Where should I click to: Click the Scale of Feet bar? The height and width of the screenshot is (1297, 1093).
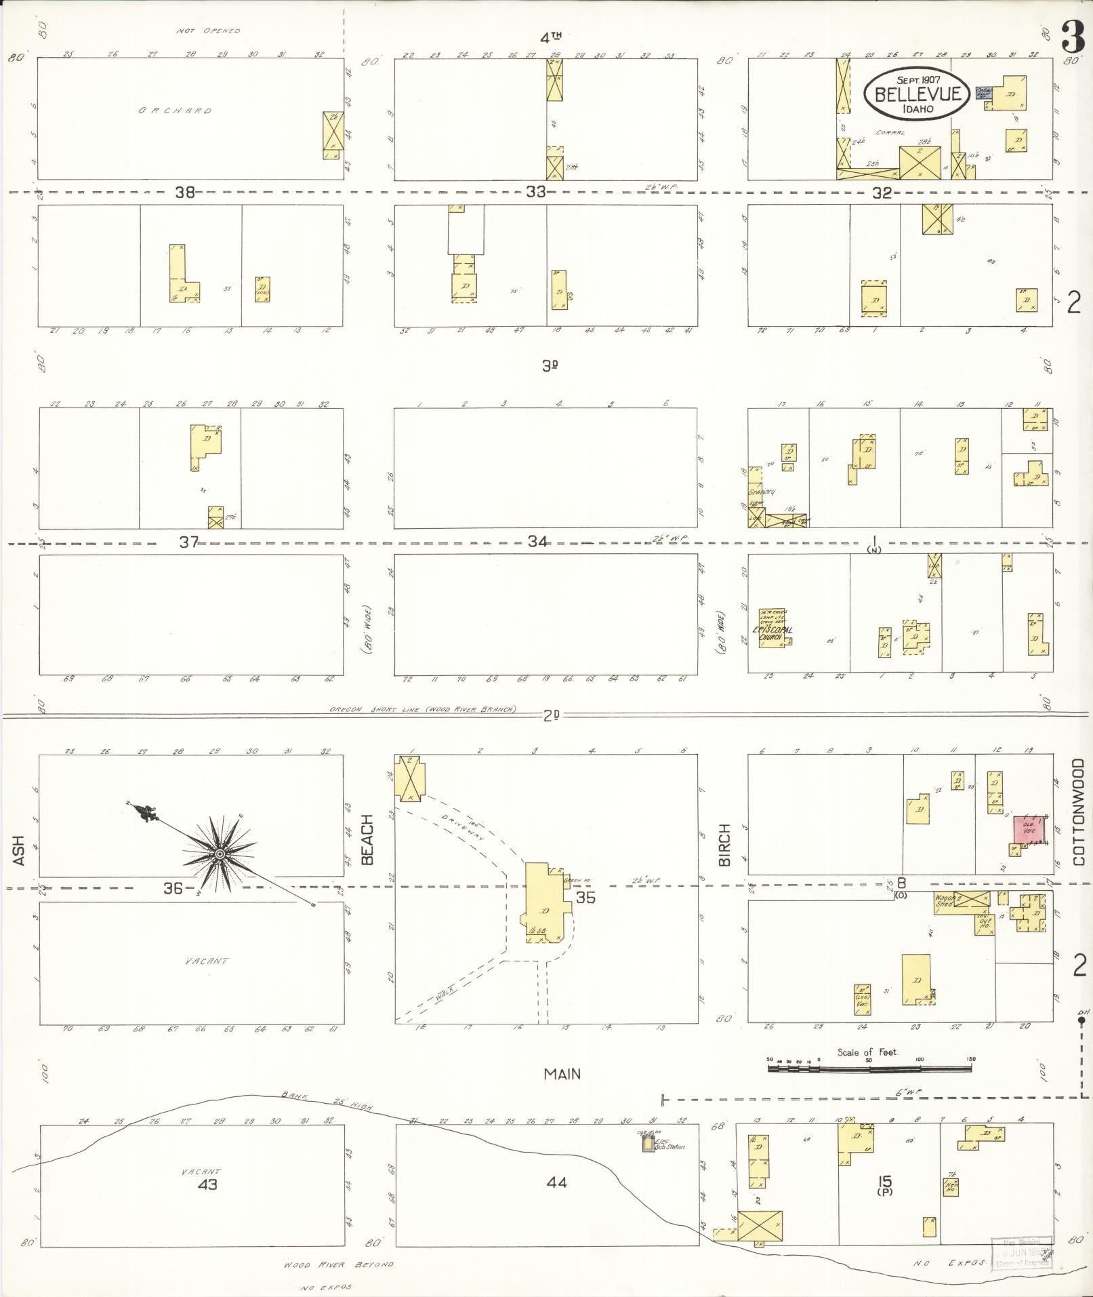pyautogui.click(x=869, y=1069)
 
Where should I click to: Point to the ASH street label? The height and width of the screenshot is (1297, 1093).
pyautogui.click(x=18, y=850)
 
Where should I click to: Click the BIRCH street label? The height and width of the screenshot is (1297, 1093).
pyautogui.click(x=725, y=844)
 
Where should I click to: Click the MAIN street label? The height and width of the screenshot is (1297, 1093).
pyautogui.click(x=562, y=1074)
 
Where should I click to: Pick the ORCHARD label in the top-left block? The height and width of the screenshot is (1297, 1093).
pyautogui.click(x=176, y=111)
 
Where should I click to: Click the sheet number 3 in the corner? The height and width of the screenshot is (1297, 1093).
pyautogui.click(x=1073, y=37)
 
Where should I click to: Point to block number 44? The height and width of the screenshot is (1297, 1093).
pyautogui.click(x=556, y=1182)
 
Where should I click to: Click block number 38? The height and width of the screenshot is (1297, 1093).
pyautogui.click(x=185, y=193)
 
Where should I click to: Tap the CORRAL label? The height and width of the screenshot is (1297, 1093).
pyautogui.click(x=890, y=133)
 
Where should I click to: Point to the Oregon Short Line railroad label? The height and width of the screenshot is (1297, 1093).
pyautogui.click(x=423, y=709)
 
